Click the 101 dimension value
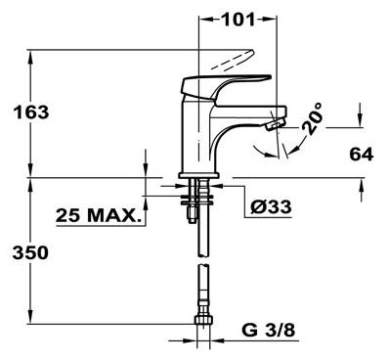[x=237, y=20]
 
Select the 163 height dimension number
[x=31, y=112]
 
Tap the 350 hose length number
[x=30, y=252]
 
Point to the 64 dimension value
[x=361, y=155]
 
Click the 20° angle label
[x=312, y=118]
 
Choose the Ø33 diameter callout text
[x=271, y=206]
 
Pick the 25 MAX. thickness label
[x=97, y=215]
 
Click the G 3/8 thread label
[x=268, y=331]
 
